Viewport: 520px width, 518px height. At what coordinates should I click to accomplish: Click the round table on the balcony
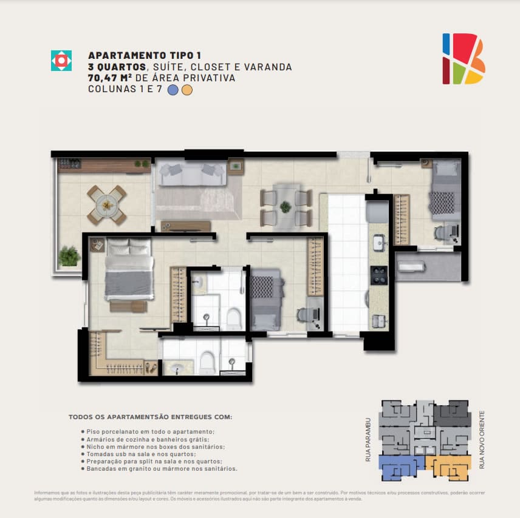[x=107, y=206]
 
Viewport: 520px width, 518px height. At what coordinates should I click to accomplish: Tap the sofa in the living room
[x=192, y=173]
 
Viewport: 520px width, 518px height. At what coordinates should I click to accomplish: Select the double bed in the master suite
[x=129, y=269]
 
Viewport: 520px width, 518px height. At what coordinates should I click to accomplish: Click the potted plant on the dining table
[x=285, y=207]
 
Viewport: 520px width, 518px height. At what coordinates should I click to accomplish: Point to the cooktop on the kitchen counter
[x=378, y=275]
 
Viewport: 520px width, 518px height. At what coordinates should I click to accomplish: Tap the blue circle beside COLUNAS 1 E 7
[x=173, y=90]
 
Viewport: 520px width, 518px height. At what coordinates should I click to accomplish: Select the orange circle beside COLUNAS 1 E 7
[x=187, y=90]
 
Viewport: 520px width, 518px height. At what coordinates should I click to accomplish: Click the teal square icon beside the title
[x=61, y=61]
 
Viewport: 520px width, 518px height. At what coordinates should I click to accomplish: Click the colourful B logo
[x=464, y=59]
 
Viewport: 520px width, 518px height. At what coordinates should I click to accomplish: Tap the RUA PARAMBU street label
[x=368, y=440]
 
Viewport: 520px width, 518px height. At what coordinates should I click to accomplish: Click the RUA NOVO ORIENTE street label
[x=482, y=440]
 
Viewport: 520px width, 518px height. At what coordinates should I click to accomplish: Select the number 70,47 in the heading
[x=102, y=78]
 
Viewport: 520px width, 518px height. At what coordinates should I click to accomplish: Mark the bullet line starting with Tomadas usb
[x=139, y=454]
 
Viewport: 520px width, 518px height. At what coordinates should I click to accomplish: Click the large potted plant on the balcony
[x=69, y=256]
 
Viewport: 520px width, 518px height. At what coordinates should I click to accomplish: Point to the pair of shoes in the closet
[x=150, y=367]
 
